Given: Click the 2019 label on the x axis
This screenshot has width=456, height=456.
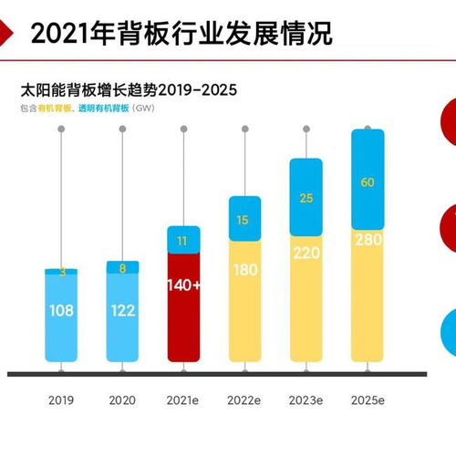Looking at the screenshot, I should (61, 400).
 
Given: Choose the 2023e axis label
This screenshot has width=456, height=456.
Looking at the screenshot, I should (306, 400).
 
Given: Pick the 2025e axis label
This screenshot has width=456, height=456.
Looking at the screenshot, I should (368, 400).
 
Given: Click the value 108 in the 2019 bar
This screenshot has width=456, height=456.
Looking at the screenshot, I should (61, 311).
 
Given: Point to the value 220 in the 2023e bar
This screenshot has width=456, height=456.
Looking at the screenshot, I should (306, 254).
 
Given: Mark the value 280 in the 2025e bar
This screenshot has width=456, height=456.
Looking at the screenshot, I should (368, 240).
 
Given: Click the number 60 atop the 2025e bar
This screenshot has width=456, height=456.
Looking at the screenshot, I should (368, 182).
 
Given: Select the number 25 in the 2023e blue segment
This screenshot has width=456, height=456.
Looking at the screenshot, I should (306, 198).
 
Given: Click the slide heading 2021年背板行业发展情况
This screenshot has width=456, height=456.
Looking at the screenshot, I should (181, 34).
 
